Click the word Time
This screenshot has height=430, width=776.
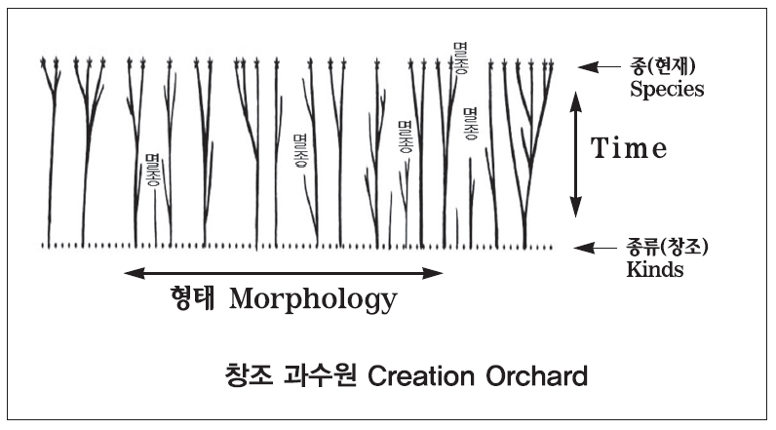pyautogui.click(x=629, y=147)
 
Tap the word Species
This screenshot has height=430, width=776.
pyautogui.click(x=667, y=89)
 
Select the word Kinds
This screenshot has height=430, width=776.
pyautogui.click(x=655, y=269)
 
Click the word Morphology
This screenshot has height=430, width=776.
pyautogui.click(x=313, y=300)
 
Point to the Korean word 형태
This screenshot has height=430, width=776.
pyautogui.click(x=192, y=297)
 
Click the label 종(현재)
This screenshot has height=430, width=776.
pyautogui.click(x=663, y=65)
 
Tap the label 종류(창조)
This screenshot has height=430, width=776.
pyautogui.click(x=667, y=247)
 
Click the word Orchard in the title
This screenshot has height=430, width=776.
pyautogui.click(x=536, y=376)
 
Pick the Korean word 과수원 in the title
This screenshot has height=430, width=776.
pyautogui.click(x=320, y=375)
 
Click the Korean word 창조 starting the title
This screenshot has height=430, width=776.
pyautogui.click(x=249, y=375)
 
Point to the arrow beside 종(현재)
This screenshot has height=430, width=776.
pyautogui.click(x=599, y=67)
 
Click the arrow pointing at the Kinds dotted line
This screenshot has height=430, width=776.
pyautogui.click(x=596, y=248)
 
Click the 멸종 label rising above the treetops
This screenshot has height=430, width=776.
pyautogui.click(x=460, y=59)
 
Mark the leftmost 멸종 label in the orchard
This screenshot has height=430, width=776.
pyautogui.click(x=153, y=171)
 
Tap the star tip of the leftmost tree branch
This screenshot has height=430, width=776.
pyautogui.click(x=43, y=61)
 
